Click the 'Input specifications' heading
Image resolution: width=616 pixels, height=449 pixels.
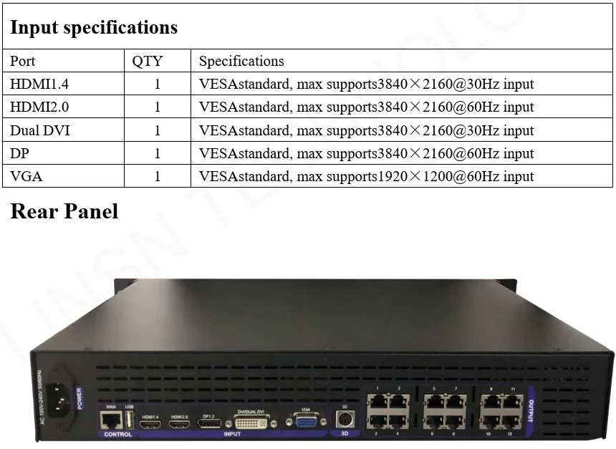pyautogui.click(x=94, y=28)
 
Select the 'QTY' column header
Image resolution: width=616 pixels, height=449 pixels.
pyautogui.click(x=148, y=62)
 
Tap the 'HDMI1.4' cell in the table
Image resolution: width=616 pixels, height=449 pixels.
pyautogui.click(x=39, y=85)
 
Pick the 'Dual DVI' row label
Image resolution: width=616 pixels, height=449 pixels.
pyautogui.click(x=40, y=130)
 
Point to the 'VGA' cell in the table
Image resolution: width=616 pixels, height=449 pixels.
pyautogui.click(x=24, y=176)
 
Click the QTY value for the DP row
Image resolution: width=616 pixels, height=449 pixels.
pyautogui.click(x=158, y=153)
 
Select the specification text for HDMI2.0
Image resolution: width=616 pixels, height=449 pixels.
pyautogui.click(x=366, y=107)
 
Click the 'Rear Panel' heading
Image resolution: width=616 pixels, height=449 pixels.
pyautogui.click(x=64, y=211)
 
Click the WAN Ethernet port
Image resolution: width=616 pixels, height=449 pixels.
pyautogui.click(x=111, y=420)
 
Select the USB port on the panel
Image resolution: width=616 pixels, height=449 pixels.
pyautogui.click(x=129, y=421)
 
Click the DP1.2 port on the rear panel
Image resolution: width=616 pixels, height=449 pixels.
pyautogui.click(x=210, y=424)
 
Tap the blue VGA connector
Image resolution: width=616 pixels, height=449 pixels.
pyautogui.click(x=306, y=421)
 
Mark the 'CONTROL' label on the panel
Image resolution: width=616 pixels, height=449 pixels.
pyautogui.click(x=117, y=435)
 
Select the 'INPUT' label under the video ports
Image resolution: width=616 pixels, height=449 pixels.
pyautogui.click(x=232, y=435)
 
